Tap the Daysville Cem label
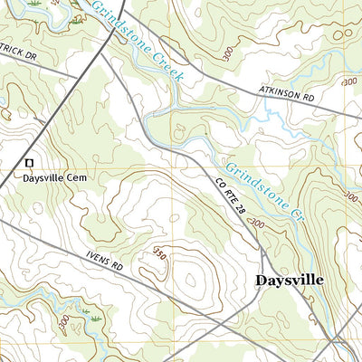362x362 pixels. coord(53,179)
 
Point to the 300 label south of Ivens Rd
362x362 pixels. coord(63,322)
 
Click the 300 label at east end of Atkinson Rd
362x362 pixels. coord(349,82)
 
